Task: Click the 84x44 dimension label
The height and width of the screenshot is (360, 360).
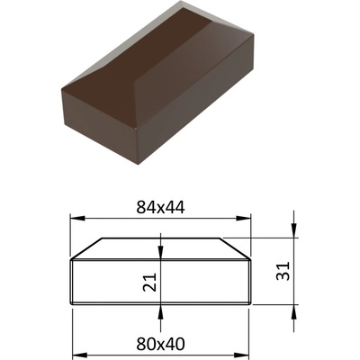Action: pyautogui.click(x=160, y=207)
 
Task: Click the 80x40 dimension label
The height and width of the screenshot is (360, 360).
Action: pyautogui.click(x=160, y=344)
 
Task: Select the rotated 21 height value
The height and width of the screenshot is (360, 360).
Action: pyautogui.click(x=150, y=282)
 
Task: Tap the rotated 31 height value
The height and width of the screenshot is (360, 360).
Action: pyautogui.click(x=283, y=271)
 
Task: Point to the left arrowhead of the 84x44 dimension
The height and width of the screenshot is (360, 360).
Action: pyautogui.click(x=76, y=219)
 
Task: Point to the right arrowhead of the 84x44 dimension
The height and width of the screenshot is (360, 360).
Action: pyautogui.click(x=243, y=219)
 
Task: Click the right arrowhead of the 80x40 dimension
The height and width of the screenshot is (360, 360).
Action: pyautogui.click(x=241, y=355)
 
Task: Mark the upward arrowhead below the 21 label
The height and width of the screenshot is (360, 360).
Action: pyautogui.click(x=160, y=312)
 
